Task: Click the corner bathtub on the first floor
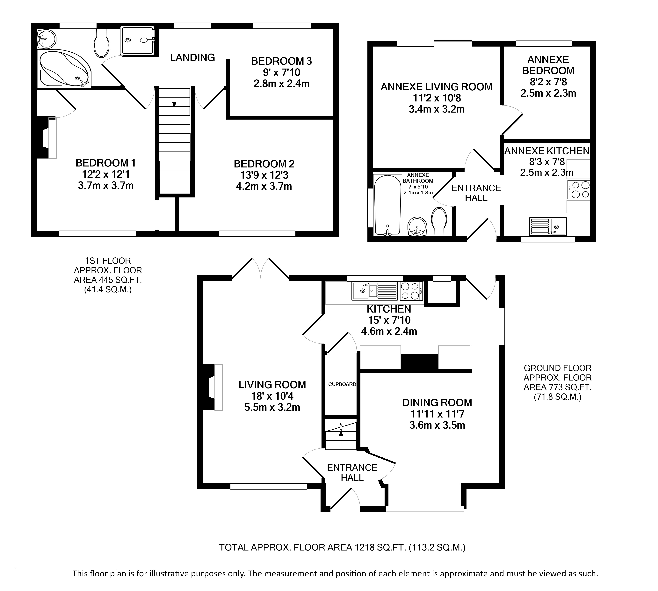64,69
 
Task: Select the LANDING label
192,58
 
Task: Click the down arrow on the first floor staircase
174,100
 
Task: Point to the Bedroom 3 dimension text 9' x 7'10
281,72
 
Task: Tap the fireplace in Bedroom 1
46,138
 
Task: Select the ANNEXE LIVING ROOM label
436,87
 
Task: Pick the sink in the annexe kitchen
548,226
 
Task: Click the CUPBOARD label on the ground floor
342,384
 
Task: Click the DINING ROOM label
437,403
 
